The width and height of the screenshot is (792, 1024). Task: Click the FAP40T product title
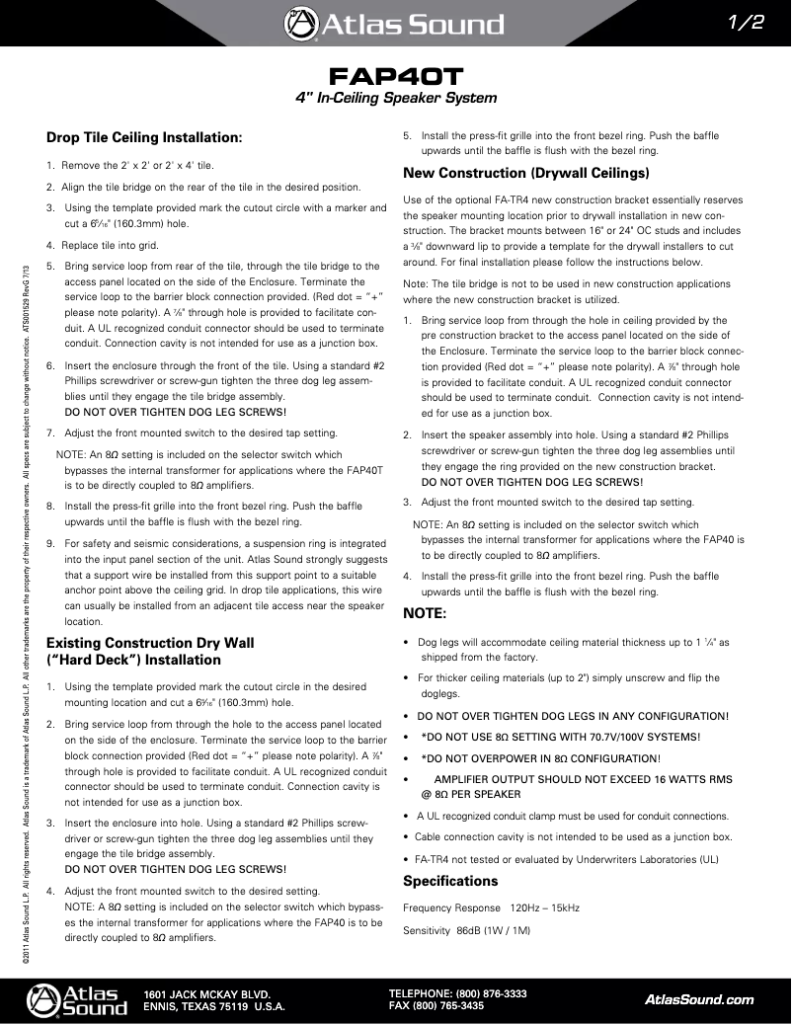tap(396, 76)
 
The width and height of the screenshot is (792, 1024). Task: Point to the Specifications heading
tap(450, 881)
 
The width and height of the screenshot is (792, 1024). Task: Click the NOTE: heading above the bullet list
tap(426, 613)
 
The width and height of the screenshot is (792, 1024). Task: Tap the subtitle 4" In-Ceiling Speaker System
tap(396, 99)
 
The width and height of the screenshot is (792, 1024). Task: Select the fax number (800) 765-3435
tap(470, 1006)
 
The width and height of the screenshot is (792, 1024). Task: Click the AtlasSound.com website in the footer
tap(698, 999)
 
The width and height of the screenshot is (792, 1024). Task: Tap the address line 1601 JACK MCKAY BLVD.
tap(207, 993)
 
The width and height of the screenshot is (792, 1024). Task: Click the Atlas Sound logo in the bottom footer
tap(77, 999)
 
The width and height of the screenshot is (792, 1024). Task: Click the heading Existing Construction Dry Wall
tap(150, 643)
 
